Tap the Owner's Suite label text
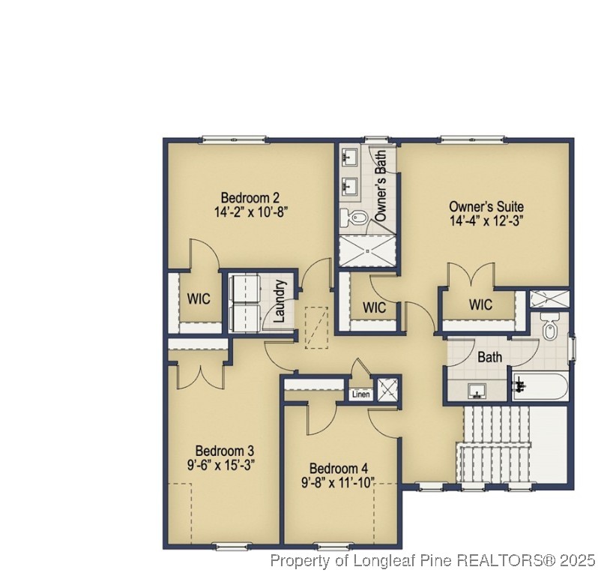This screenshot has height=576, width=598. click(x=486, y=206)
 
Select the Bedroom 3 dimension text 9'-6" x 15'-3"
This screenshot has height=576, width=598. click(x=224, y=463)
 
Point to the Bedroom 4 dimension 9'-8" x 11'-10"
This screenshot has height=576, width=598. click(x=338, y=481)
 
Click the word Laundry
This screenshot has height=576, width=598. click(x=280, y=301)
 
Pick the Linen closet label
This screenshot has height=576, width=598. click(x=360, y=394)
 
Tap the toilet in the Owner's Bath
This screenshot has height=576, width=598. click(x=354, y=219)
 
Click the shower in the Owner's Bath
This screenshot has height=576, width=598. click(x=367, y=250)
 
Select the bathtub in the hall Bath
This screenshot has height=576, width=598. click(x=540, y=387)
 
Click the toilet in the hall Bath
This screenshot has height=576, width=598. click(x=551, y=328)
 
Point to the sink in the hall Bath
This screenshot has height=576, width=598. click(x=477, y=391)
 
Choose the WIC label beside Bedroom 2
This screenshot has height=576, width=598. click(x=199, y=298)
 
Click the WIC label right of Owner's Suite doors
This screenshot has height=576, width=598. click(x=480, y=304)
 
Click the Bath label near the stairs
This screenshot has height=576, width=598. click(x=489, y=358)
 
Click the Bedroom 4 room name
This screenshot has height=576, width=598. click(x=338, y=468)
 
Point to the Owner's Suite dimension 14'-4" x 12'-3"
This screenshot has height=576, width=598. click(x=486, y=220)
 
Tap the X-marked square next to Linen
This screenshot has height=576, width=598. click(x=387, y=389)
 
